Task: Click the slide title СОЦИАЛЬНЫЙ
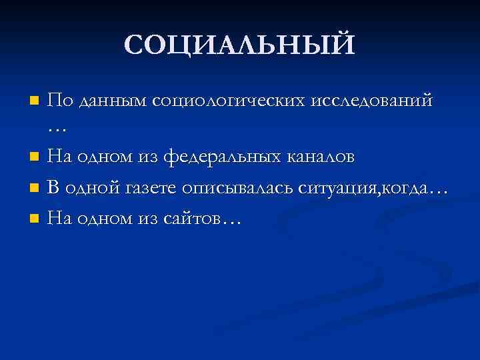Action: [x=239, y=45]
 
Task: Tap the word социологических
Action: [x=228, y=101]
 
